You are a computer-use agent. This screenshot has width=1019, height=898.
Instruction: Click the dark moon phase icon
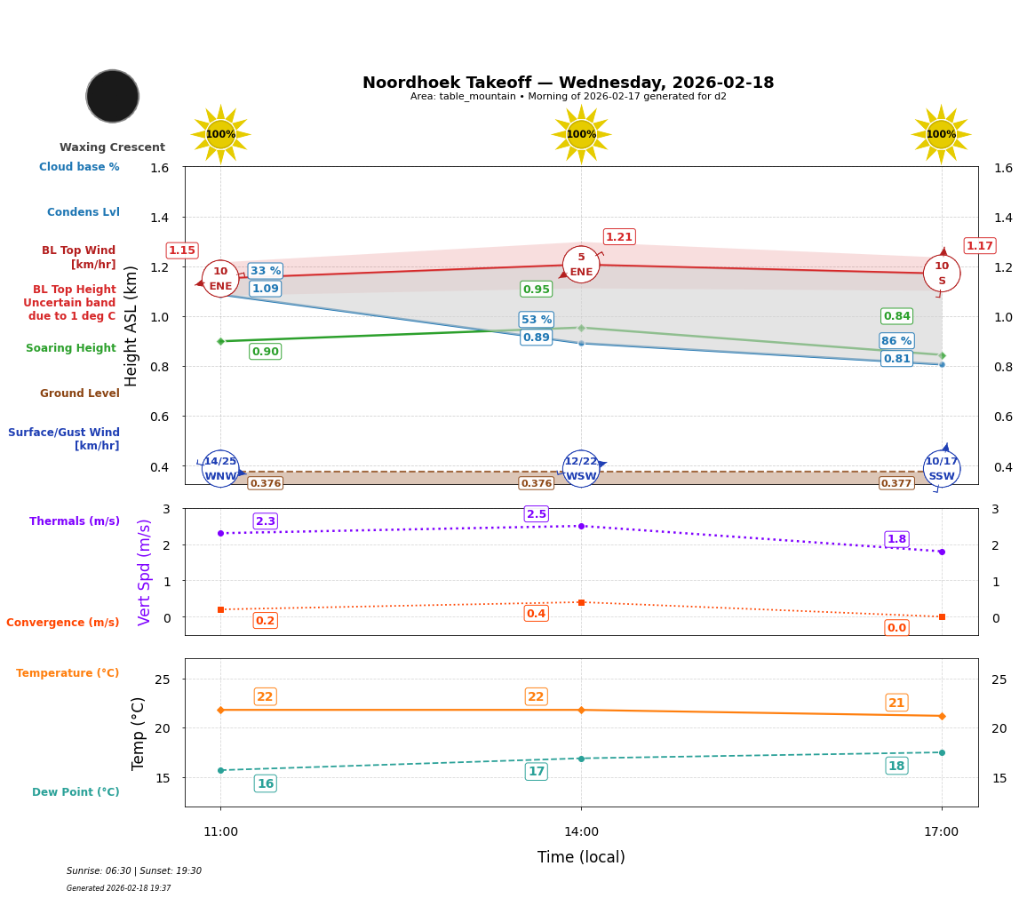(x=113, y=96)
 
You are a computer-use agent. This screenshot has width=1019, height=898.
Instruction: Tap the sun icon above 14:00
(x=581, y=134)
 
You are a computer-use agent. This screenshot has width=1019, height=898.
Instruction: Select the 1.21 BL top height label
(x=618, y=237)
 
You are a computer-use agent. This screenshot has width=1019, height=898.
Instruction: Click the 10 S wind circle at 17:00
(x=942, y=274)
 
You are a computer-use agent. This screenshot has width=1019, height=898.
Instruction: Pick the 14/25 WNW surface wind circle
(x=220, y=468)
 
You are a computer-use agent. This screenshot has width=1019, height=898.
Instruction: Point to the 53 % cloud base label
(x=536, y=320)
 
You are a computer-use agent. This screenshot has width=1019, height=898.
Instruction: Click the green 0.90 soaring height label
(x=265, y=352)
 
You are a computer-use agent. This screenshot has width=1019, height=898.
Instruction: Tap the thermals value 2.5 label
(x=536, y=514)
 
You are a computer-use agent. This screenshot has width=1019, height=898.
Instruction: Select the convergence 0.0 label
(x=896, y=628)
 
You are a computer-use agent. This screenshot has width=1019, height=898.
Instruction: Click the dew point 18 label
(x=896, y=766)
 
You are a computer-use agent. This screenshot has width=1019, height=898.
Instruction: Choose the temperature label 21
(x=896, y=703)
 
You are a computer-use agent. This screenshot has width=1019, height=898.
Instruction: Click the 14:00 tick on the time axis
(x=581, y=831)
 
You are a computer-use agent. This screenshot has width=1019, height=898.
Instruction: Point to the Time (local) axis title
(x=581, y=857)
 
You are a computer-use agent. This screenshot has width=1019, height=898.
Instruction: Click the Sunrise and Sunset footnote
(x=134, y=871)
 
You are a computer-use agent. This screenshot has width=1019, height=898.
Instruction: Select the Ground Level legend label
(x=79, y=393)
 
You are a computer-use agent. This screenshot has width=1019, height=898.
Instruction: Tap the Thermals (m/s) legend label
(x=75, y=521)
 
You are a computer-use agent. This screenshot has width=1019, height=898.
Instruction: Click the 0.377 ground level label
(x=896, y=483)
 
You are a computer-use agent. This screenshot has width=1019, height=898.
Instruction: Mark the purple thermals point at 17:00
(x=942, y=552)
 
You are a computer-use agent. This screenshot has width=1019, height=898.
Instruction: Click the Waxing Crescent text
(x=112, y=147)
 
